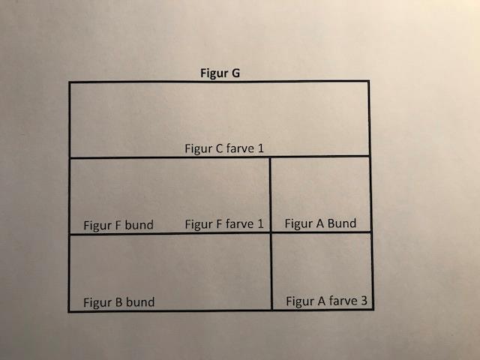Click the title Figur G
[220, 73]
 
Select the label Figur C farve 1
[224, 148]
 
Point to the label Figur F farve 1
[224, 223]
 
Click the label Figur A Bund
[320, 223]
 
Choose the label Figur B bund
[119, 302]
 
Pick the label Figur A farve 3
[326, 301]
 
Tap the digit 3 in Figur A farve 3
[364, 301]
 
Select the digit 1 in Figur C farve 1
[261, 148]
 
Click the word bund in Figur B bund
[139, 302]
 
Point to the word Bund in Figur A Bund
[341, 223]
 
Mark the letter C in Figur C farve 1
[219, 148]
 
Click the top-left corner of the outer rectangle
[70, 82]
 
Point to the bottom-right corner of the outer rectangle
[372, 308]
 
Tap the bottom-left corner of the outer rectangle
[70, 310]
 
